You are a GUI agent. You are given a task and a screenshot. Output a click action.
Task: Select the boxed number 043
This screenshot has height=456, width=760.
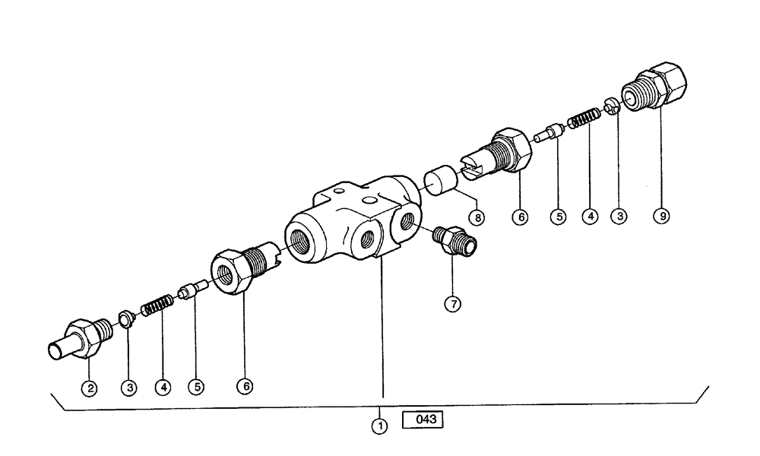tap(423, 420)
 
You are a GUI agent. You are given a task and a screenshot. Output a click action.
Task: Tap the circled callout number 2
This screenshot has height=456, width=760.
tap(90, 388)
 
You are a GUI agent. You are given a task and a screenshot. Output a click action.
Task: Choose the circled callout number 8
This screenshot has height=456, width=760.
tap(477, 217)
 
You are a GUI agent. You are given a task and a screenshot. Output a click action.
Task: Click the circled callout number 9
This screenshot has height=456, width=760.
tap(662, 217)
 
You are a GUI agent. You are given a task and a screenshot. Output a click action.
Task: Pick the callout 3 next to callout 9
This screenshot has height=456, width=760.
tap(621, 217)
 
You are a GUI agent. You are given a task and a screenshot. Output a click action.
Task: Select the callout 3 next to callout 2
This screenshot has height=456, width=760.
tap(128, 388)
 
